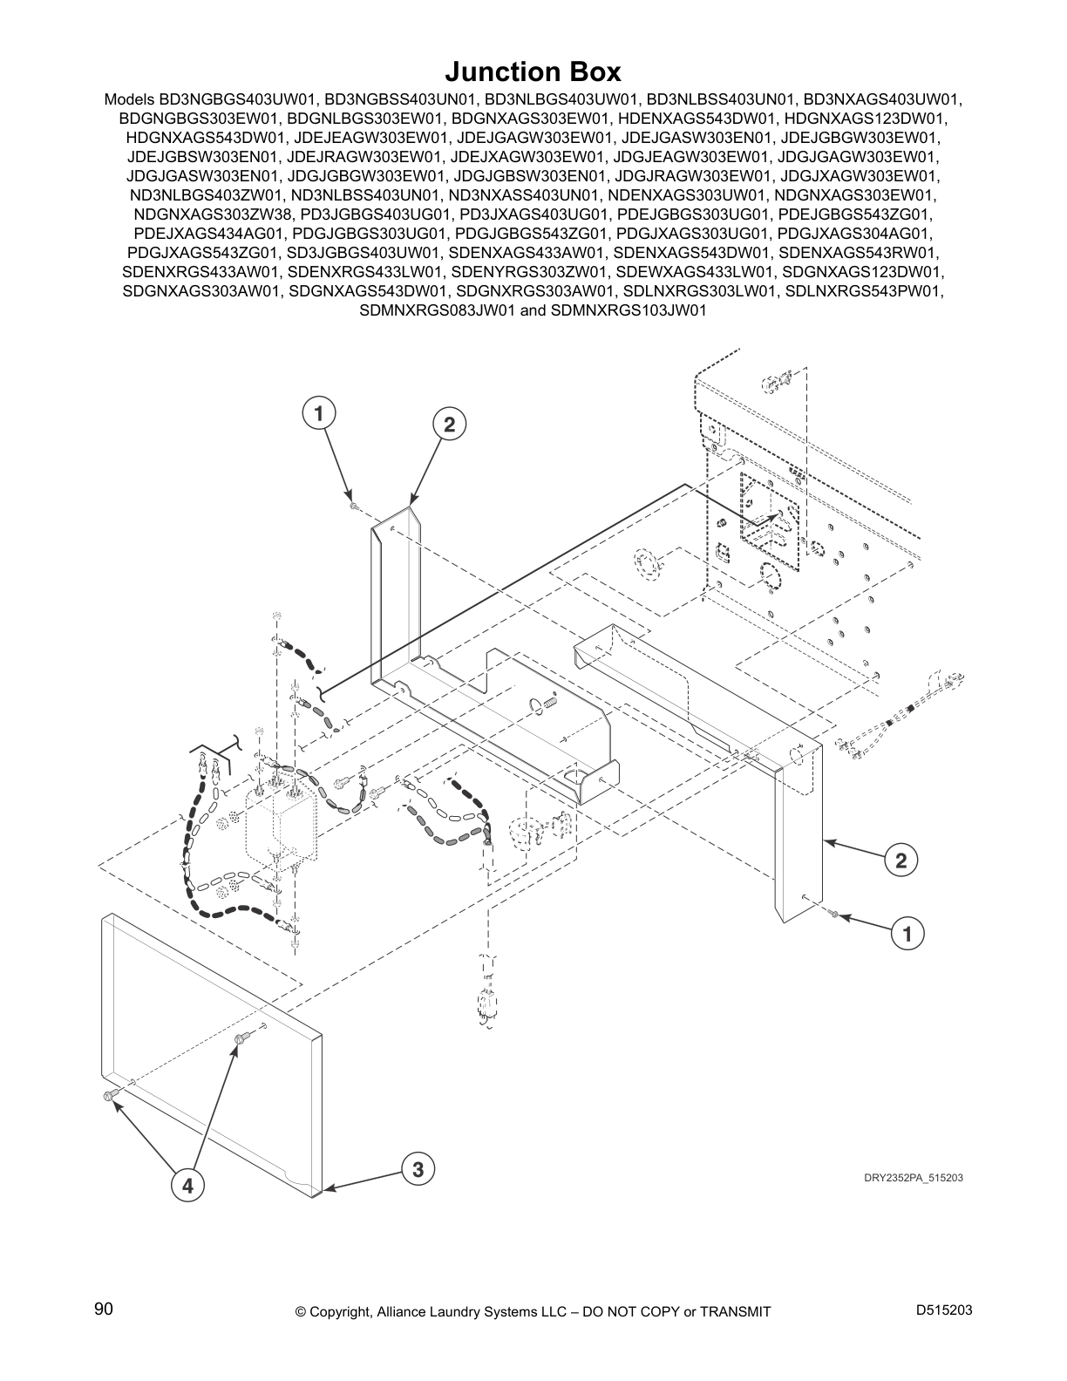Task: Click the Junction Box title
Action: [x=533, y=70]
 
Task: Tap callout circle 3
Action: [x=418, y=1169]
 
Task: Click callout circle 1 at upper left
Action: [x=320, y=412]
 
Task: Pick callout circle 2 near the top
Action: [x=449, y=425]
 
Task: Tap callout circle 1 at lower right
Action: [x=907, y=935]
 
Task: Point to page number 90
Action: [x=104, y=1310]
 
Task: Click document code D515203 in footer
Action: [x=944, y=1310]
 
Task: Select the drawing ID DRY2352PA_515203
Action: [x=913, y=1178]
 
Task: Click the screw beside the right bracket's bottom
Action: [x=834, y=914]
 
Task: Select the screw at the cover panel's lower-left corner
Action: [x=109, y=1096]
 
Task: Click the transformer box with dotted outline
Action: [x=281, y=820]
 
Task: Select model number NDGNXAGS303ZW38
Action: [x=214, y=214]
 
